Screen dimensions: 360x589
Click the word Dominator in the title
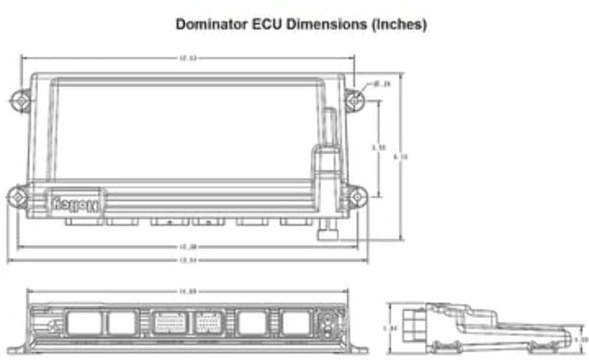pos(206,24)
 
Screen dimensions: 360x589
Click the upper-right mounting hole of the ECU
pos(353,101)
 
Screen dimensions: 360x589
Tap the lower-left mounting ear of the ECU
pos(18,196)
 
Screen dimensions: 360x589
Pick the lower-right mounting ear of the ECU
pos(356,197)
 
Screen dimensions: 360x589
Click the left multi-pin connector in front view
pos(170,323)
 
